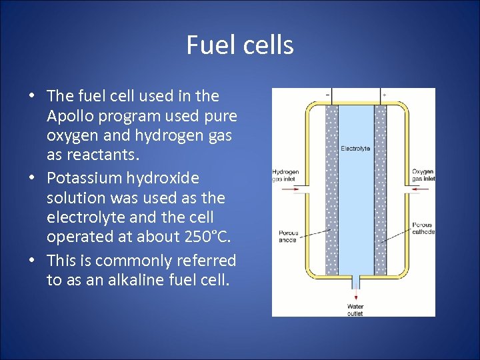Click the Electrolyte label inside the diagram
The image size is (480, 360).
tap(355, 148)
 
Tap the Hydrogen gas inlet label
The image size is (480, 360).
tap(285, 175)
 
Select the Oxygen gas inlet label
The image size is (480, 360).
tap(423, 175)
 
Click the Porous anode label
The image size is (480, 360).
tap(288, 236)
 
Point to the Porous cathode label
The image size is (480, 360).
tap(423, 229)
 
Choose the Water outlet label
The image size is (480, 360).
tap(355, 310)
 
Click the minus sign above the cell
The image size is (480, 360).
tap(327, 95)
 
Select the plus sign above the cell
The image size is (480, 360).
tap(383, 95)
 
